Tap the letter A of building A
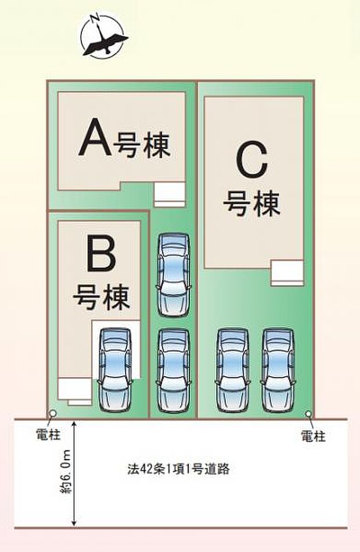[95, 138]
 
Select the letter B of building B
[101, 256]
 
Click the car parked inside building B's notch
[114, 367]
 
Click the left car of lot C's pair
[232, 369]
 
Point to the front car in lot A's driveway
[174, 369]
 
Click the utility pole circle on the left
[53, 414]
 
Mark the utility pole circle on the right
[308, 414]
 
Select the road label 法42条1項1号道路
[178, 469]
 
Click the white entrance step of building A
[170, 193]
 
